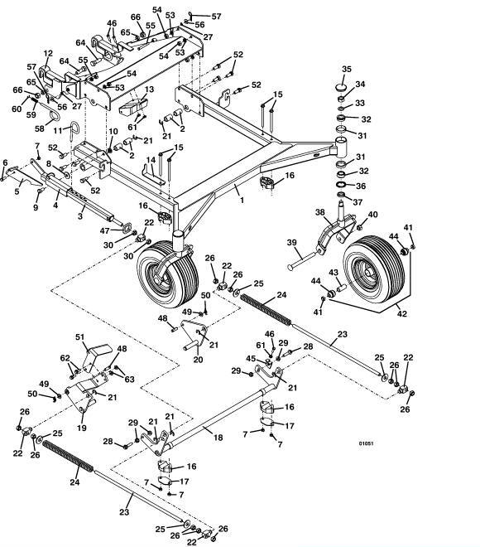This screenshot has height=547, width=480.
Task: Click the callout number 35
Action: [347, 69]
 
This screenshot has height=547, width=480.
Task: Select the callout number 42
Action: [402, 313]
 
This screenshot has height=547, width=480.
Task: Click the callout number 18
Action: [218, 437]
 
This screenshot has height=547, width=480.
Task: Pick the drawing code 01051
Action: [366, 443]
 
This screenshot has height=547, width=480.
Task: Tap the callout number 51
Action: [80, 337]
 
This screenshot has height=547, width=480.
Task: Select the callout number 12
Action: [48, 53]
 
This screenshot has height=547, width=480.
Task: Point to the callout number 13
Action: [149, 90]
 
